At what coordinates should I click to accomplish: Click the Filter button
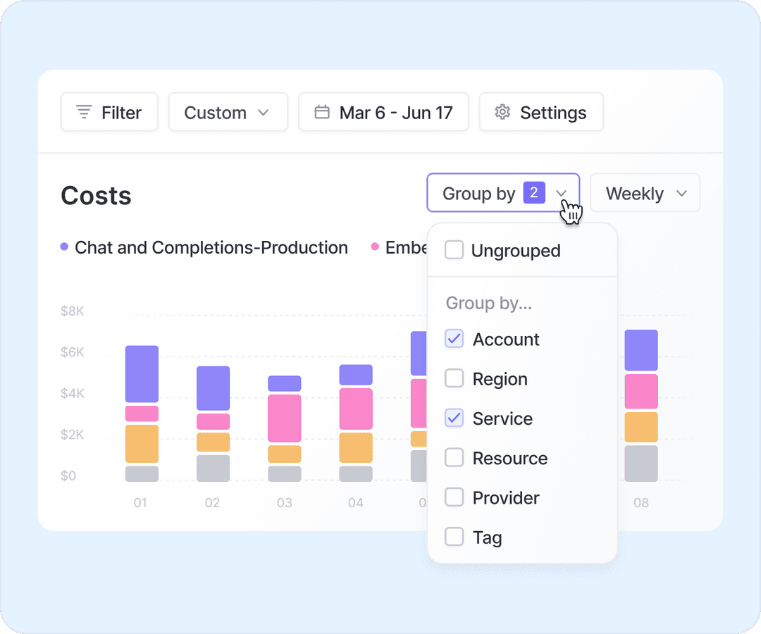109,113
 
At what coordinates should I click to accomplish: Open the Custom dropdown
228,113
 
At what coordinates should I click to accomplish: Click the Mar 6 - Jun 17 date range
383,113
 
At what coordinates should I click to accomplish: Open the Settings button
541,113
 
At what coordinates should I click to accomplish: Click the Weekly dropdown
645,193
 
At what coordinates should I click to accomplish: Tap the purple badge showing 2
534,192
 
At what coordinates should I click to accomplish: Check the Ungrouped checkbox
454,250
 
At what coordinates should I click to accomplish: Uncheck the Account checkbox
454,339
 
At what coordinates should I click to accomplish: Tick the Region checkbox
454,379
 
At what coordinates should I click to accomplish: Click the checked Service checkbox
454,418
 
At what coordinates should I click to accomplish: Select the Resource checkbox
454,458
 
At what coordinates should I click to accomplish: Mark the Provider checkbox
454,497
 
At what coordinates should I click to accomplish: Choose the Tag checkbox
454,537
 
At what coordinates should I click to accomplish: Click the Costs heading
96,195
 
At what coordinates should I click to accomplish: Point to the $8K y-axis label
73,310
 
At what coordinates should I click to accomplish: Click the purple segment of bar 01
142,373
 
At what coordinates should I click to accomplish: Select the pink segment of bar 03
284,418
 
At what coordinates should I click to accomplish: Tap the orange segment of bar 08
641,427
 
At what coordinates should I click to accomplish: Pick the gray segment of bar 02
213,468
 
